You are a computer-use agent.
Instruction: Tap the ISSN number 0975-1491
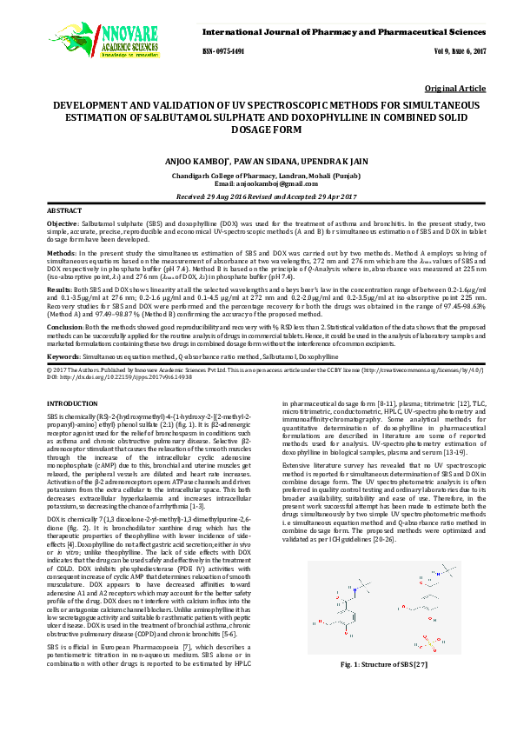pyautogui.click(x=223, y=52)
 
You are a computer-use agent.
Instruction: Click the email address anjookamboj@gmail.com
pyautogui.click(x=276, y=185)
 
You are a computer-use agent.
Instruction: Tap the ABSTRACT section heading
pyautogui.click(x=63, y=211)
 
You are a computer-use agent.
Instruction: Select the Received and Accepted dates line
pyautogui.click(x=258, y=197)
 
